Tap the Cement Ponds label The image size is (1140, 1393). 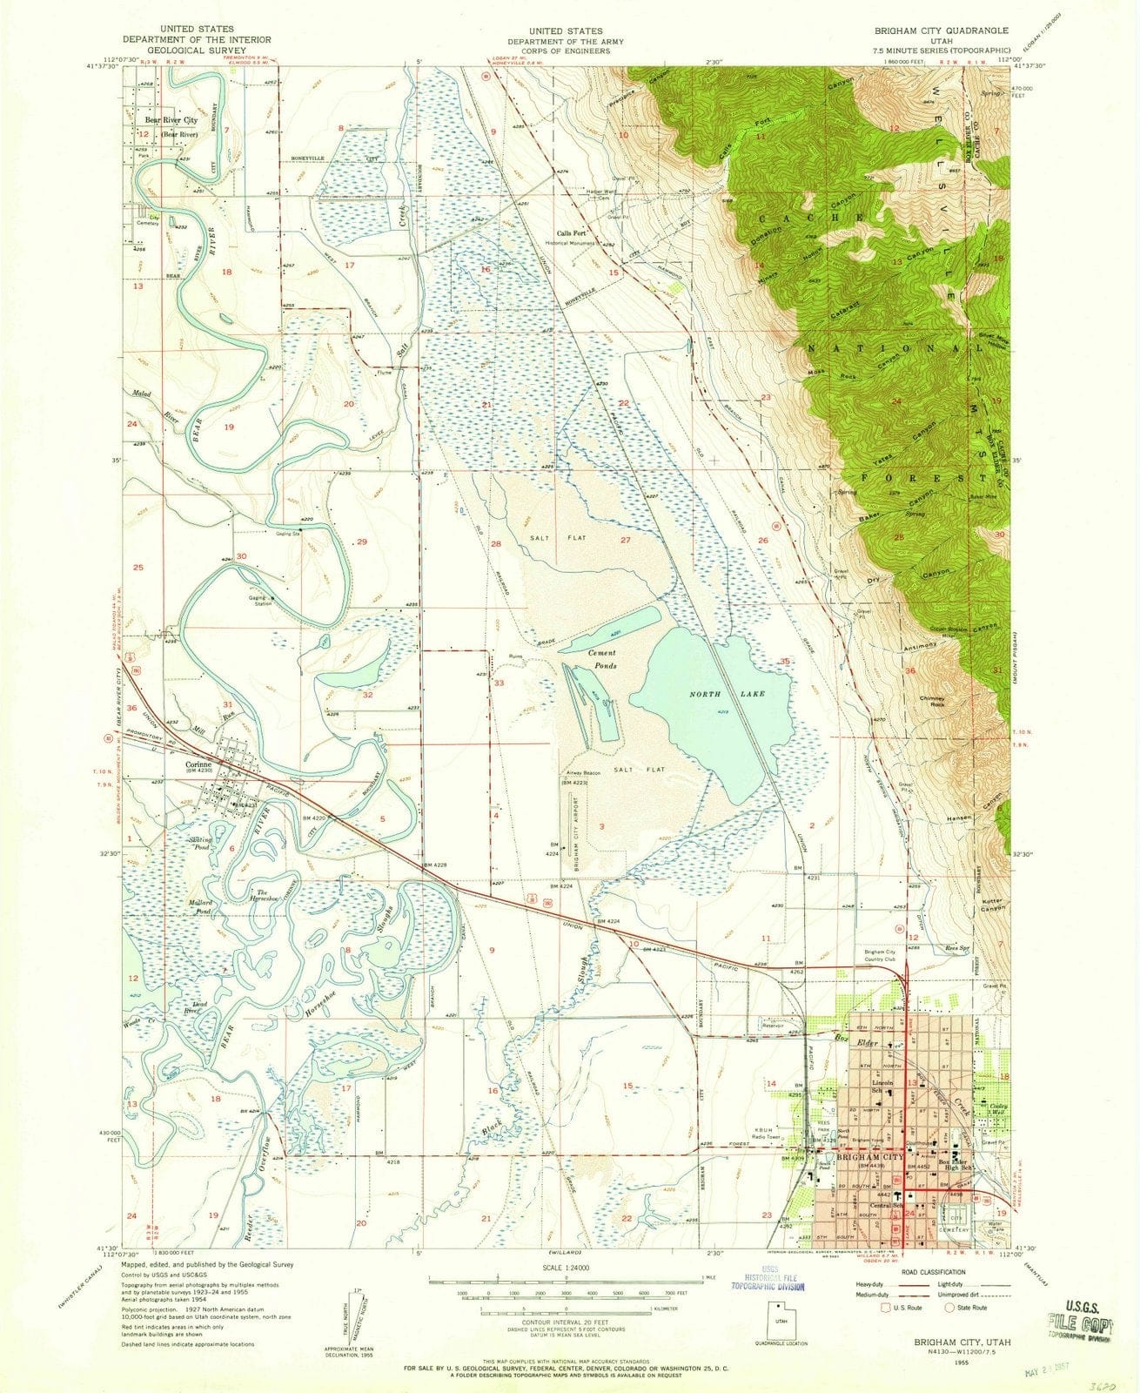point(601,659)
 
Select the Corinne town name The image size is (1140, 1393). point(200,766)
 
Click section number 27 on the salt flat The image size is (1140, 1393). point(625,541)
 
